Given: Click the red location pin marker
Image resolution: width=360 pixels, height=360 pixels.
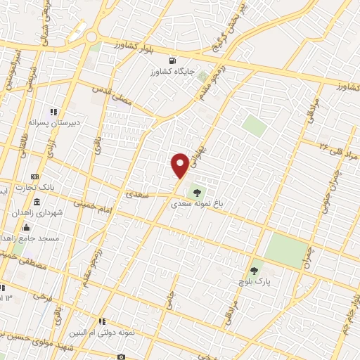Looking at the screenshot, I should (x=180, y=165).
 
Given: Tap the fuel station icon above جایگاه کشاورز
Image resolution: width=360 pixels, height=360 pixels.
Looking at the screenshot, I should (x=172, y=60).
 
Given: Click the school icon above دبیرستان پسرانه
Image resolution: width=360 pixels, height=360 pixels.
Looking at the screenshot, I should (x=52, y=111).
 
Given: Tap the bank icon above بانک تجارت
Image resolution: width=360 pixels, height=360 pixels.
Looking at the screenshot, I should (x=35, y=176).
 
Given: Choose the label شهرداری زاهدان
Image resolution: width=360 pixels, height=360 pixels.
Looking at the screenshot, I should (x=37, y=212).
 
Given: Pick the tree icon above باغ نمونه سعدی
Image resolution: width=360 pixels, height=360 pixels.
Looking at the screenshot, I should (x=196, y=192).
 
